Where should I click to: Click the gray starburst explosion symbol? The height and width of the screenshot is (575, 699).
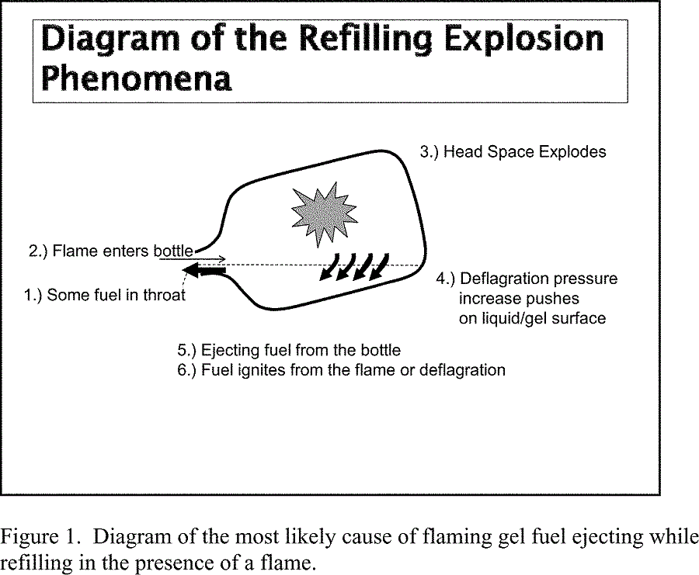tap(324, 214)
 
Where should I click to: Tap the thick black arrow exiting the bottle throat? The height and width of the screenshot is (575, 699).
tap(204, 270)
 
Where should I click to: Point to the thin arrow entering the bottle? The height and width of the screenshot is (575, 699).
tap(193, 258)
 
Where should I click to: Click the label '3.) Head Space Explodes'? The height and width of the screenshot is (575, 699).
tap(513, 152)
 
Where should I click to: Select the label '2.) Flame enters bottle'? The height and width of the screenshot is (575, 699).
tap(111, 251)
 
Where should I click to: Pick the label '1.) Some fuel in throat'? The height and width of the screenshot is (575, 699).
tap(104, 295)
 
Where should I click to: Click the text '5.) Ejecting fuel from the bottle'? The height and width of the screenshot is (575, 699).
tap(289, 350)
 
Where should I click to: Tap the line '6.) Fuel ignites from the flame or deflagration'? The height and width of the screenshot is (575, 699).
tap(341, 370)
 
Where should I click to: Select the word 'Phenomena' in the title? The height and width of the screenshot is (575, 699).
tap(137, 79)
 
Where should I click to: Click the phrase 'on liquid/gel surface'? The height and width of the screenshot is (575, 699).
tap(532, 318)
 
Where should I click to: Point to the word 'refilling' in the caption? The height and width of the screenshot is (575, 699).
tap(36, 563)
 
